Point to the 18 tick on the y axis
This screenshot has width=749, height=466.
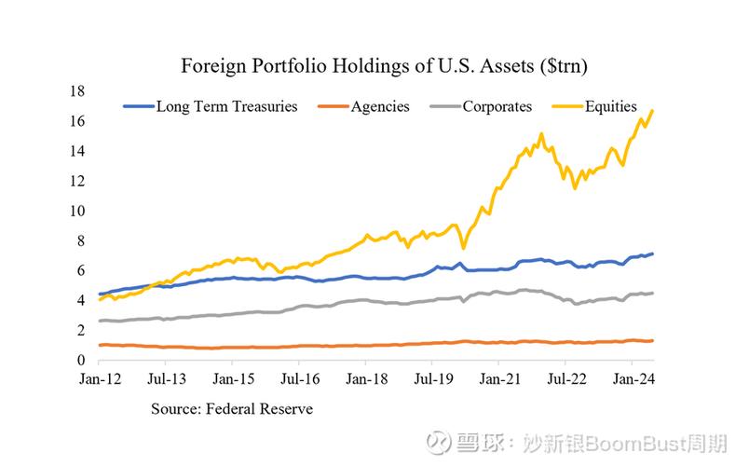pyautogui.click(x=78, y=91)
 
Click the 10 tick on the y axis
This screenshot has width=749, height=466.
pyautogui.click(x=78, y=211)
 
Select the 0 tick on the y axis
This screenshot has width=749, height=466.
pyautogui.click(x=82, y=360)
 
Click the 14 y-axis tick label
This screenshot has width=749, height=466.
pyautogui.click(x=78, y=151)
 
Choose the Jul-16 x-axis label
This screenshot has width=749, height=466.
pyautogui.click(x=300, y=380)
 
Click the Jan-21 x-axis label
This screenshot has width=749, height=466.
pyautogui.click(x=501, y=380)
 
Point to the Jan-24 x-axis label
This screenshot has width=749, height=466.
pyautogui.click(x=636, y=380)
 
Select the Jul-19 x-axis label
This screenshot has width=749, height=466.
pyautogui.click(x=434, y=380)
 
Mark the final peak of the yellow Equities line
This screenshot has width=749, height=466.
pyautogui.click(x=652, y=111)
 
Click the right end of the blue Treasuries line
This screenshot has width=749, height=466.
pyautogui.click(x=652, y=254)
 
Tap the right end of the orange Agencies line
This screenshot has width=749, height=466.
pyautogui.click(x=652, y=340)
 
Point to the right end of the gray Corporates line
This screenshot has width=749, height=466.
pyautogui.click(x=652, y=293)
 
